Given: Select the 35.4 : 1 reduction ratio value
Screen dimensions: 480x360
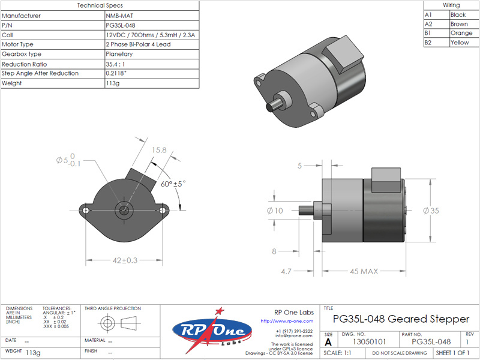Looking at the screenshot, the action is [x=115, y=64].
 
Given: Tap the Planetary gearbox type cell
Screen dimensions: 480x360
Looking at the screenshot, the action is [x=119, y=54].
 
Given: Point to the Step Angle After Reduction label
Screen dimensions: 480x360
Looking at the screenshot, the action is [x=40, y=73].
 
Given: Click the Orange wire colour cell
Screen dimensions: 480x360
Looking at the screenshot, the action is [x=461, y=33].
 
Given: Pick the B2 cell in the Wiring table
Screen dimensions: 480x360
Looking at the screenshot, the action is [x=428, y=43].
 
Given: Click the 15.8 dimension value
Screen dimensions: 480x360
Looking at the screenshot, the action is [x=159, y=150].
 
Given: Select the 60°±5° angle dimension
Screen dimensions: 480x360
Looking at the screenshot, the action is [x=173, y=184].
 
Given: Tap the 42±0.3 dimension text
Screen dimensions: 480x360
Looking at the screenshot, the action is [x=125, y=260].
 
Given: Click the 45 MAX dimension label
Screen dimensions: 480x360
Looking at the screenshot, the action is [x=364, y=271].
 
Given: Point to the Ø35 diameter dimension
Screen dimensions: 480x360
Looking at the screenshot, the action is [x=431, y=211].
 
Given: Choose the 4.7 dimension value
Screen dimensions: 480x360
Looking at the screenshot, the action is [x=286, y=272].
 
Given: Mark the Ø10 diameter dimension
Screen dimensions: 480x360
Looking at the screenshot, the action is [x=275, y=211].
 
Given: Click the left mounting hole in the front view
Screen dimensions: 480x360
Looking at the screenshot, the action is [x=86, y=211].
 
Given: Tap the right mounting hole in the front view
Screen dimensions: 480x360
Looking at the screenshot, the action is [x=163, y=211].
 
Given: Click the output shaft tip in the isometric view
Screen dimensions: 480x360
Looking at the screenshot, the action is [x=269, y=107].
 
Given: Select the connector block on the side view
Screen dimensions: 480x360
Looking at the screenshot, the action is [x=386, y=179].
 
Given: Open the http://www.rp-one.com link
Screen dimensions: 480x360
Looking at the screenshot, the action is [x=287, y=321].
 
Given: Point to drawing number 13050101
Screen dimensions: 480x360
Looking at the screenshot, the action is [x=370, y=341].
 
